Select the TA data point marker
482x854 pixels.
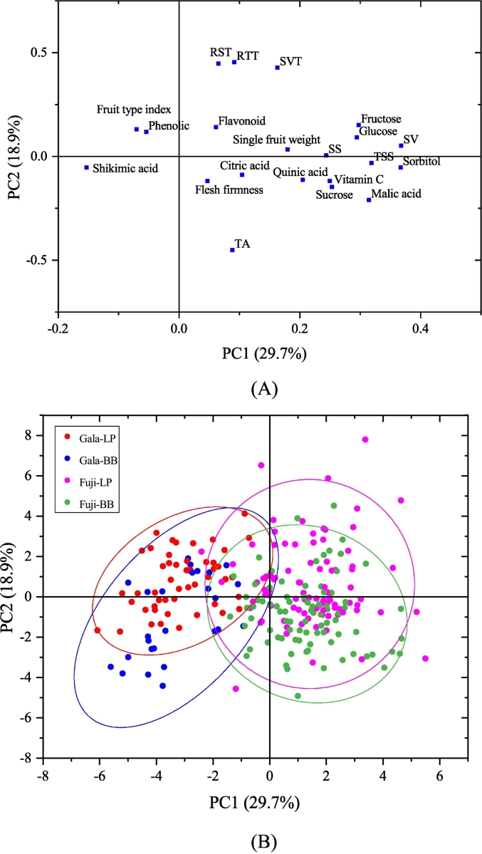coord(232,249)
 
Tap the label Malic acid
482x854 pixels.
coord(397,194)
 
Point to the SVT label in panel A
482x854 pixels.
coord(290,61)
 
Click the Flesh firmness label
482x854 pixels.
coord(229,190)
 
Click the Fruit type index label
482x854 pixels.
coord(134,110)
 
